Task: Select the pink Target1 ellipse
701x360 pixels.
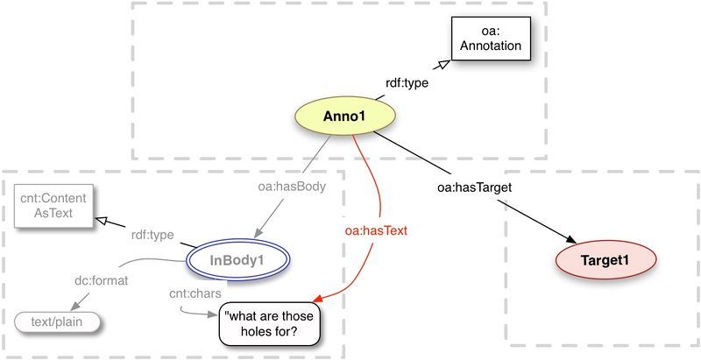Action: pyautogui.click(x=606, y=259)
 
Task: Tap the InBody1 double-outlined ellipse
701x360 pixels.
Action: pyautogui.click(x=237, y=260)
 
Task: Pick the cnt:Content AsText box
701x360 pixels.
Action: pyautogui.click(x=54, y=208)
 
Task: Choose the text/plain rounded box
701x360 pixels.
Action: pyautogui.click(x=57, y=321)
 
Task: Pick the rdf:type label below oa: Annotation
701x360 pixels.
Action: pyautogui.click(x=407, y=84)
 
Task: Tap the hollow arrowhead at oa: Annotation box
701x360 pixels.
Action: pyautogui.click(x=443, y=65)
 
